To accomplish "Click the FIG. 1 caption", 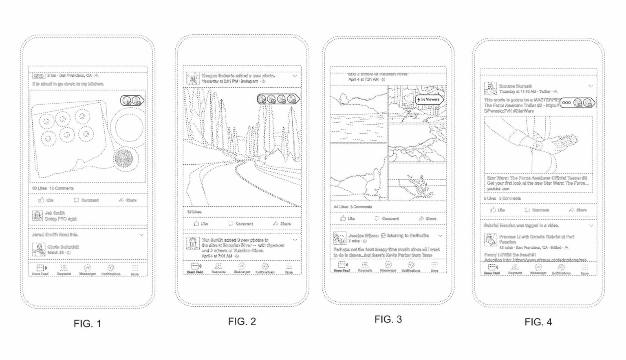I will (x=87, y=324).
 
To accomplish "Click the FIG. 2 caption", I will (x=242, y=322).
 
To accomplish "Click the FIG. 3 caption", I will (x=388, y=320).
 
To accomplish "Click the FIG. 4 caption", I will (x=538, y=322).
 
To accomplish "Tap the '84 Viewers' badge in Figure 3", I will (x=429, y=99).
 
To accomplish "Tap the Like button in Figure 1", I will (x=46, y=200).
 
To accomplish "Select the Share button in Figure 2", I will (x=282, y=224).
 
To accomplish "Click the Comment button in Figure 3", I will (x=387, y=219).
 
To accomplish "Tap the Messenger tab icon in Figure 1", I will (x=87, y=269).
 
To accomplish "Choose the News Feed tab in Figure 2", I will (x=195, y=268).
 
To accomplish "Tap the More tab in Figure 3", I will (x=434, y=267).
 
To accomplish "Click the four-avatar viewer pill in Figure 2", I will (x=278, y=99).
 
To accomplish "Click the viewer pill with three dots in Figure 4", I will (x=578, y=103).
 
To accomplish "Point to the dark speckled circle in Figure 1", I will (x=124, y=159).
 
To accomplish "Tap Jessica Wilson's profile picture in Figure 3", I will (x=339, y=238).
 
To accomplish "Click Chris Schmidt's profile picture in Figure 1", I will (x=39, y=250).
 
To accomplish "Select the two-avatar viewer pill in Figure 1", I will (x=132, y=101).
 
